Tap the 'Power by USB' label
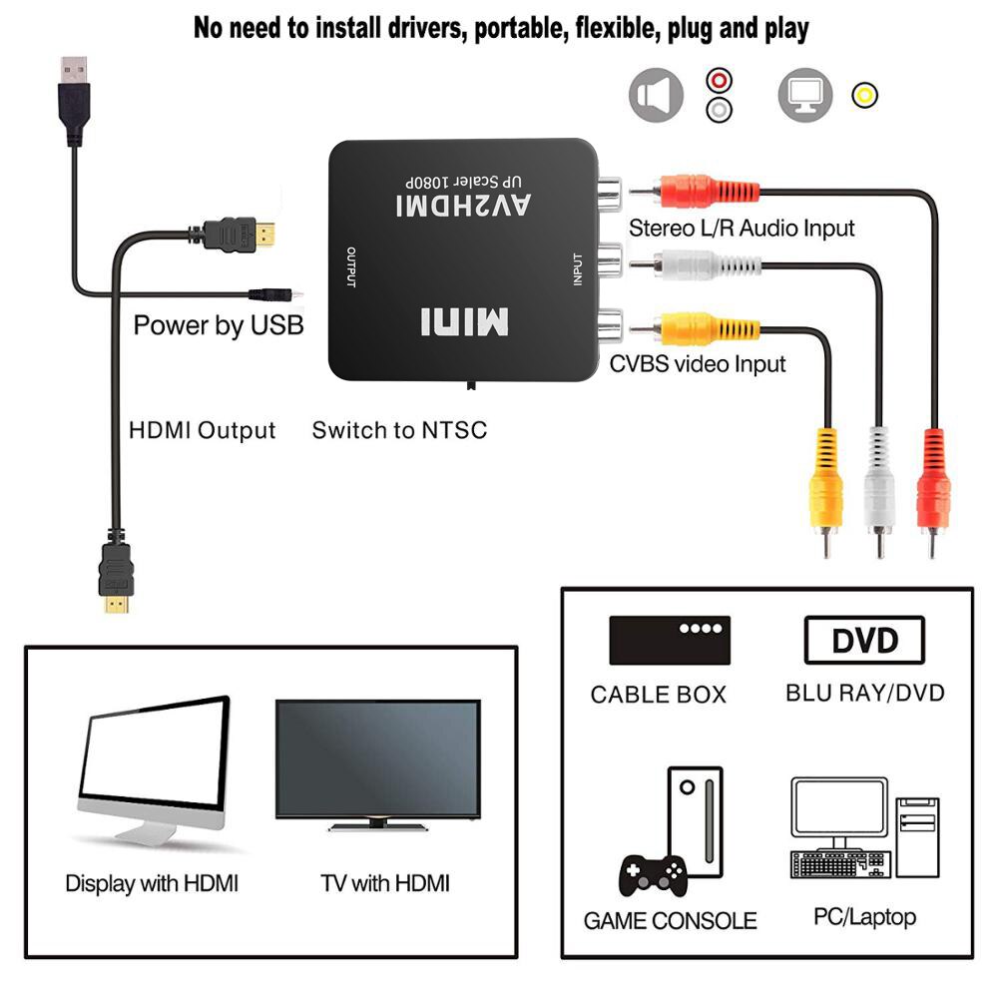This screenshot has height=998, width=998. tap(219, 325)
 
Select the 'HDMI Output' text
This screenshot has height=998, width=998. tap(203, 431)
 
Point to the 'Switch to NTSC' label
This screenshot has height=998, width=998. tap(399, 431)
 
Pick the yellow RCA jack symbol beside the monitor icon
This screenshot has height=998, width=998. tap(864, 96)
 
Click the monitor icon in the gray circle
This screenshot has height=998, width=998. tap(805, 96)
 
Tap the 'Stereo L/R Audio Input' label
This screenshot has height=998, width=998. tap(742, 229)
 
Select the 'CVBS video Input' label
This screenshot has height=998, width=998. tap(698, 364)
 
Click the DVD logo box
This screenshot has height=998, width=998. tap(864, 641)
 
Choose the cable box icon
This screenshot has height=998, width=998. tap(670, 641)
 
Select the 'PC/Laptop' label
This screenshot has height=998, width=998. tap(865, 916)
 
